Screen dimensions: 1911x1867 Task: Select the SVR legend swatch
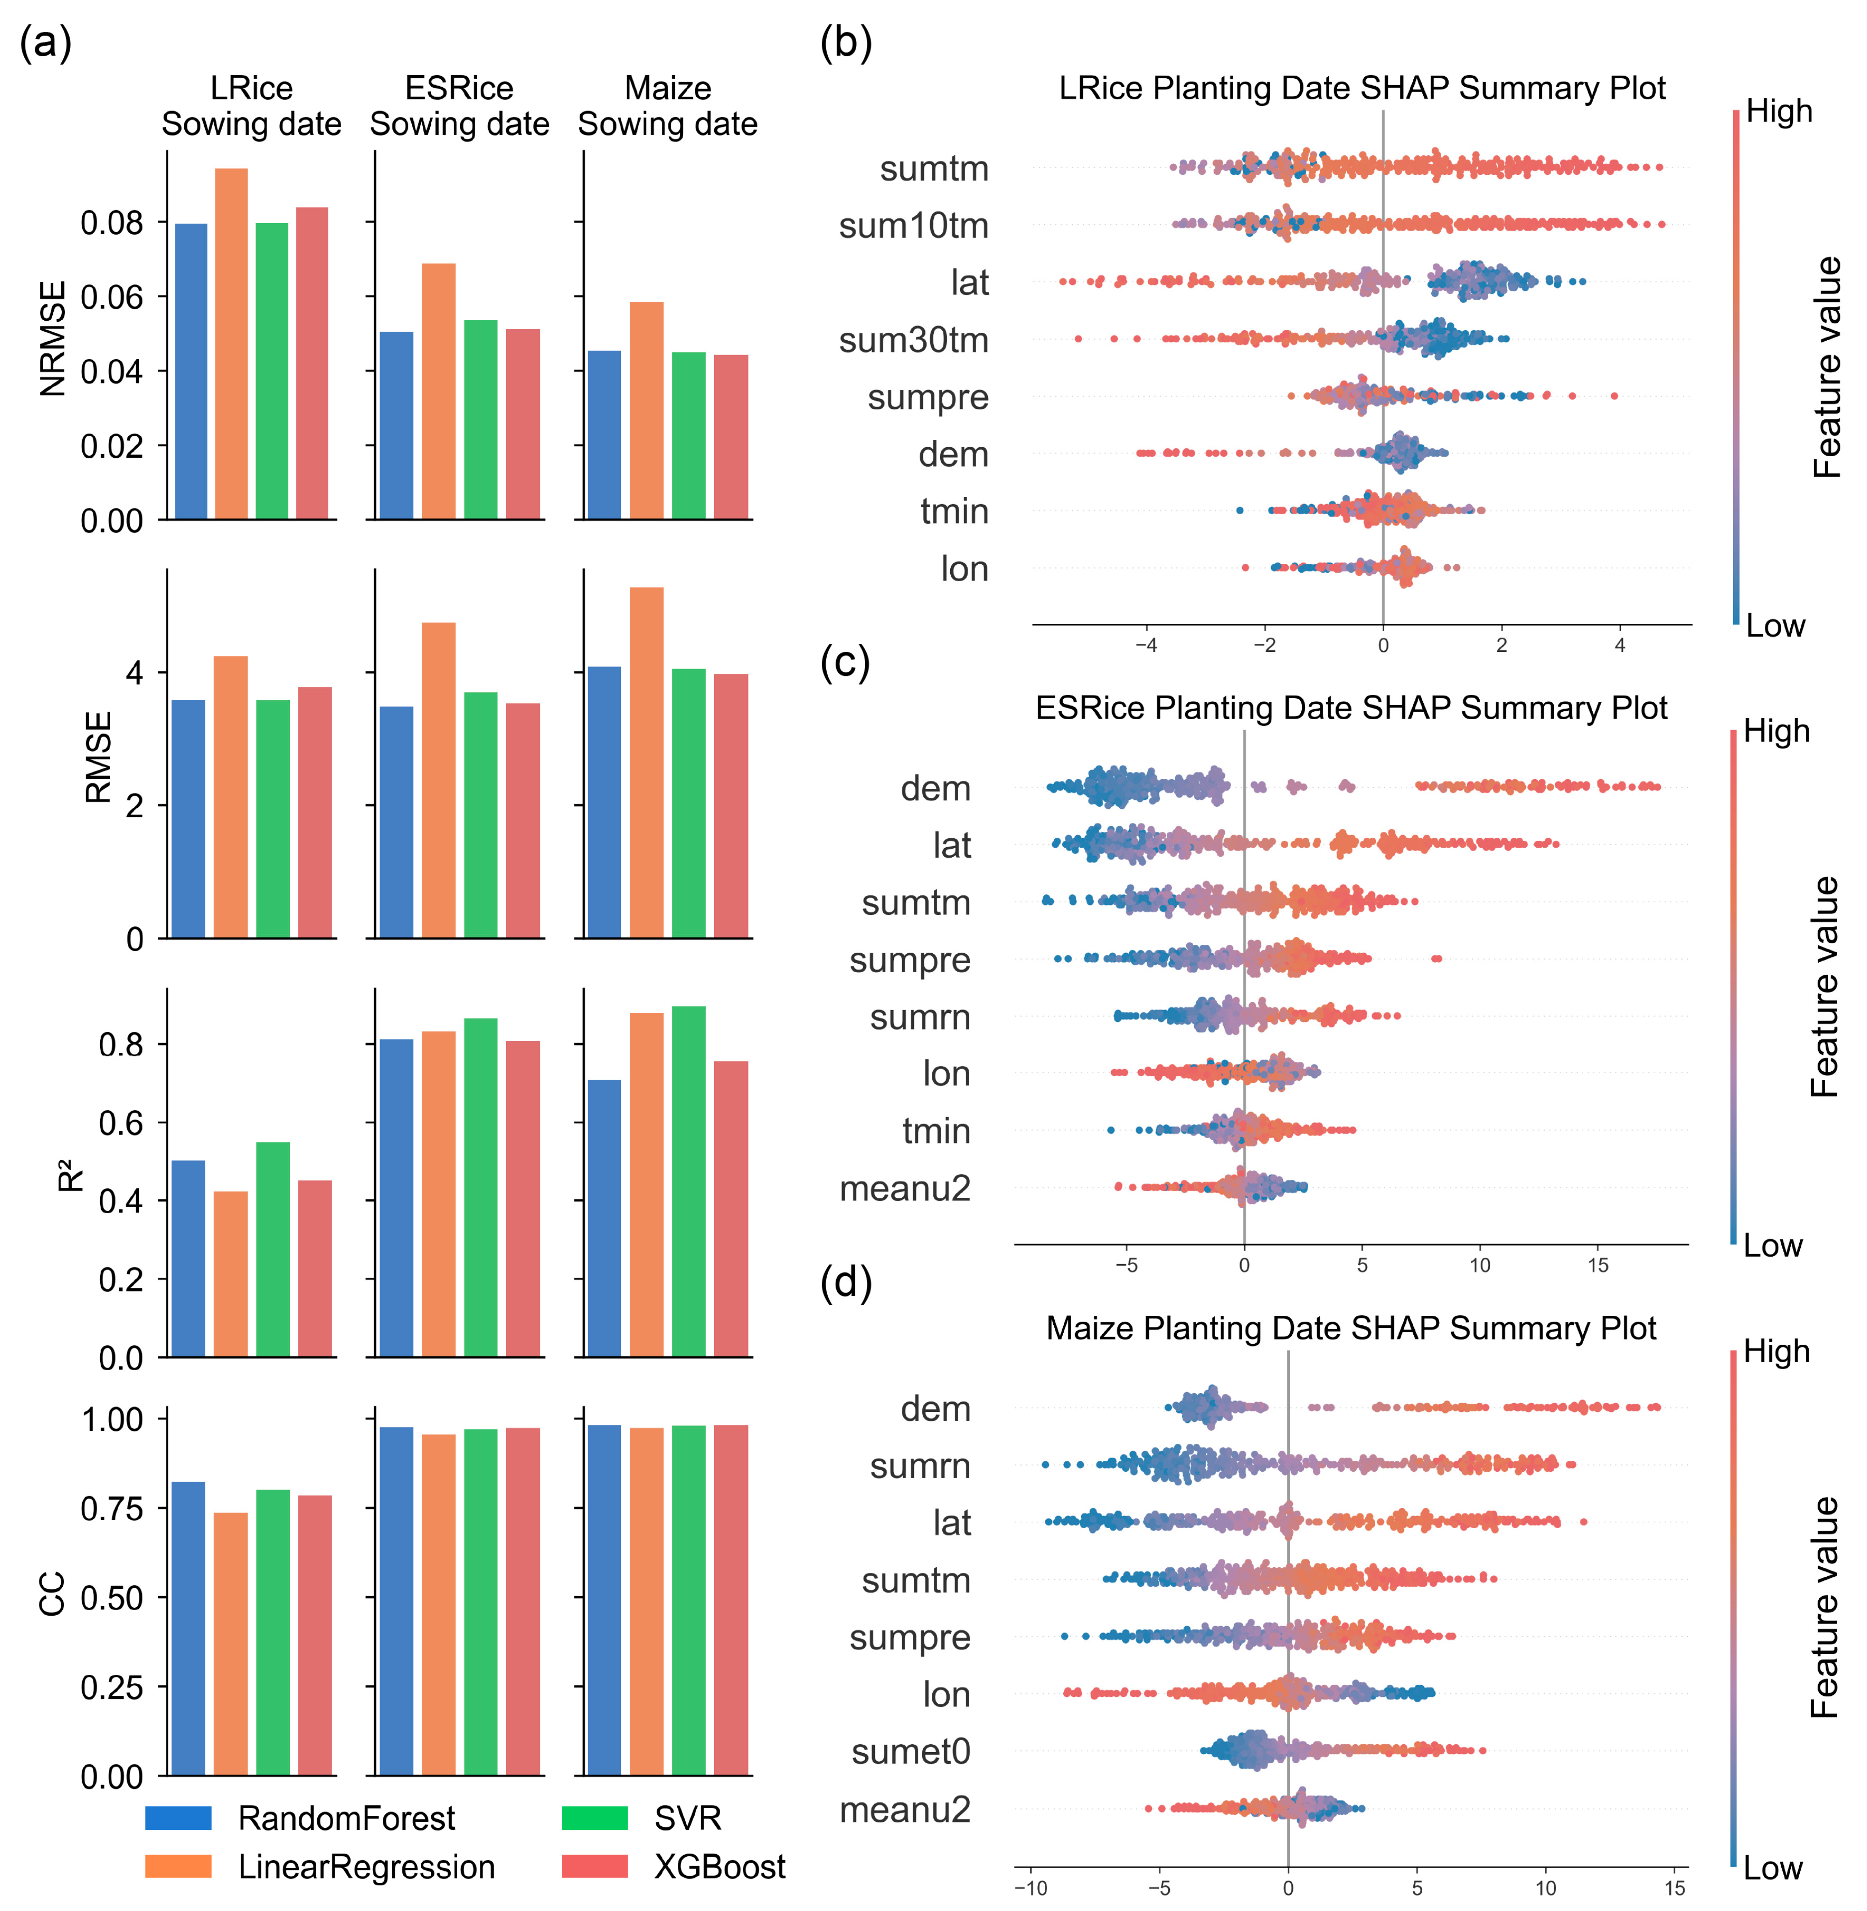(594, 1818)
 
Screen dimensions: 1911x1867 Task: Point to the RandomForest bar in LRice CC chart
(188, 1628)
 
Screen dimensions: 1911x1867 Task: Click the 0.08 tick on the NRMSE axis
(111, 223)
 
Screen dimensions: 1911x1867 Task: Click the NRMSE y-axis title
(53, 338)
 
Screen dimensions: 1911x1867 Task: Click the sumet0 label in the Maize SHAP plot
(910, 1751)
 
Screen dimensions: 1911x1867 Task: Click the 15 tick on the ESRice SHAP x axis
(1598, 1265)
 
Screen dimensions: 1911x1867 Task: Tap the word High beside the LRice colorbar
(1779, 112)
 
